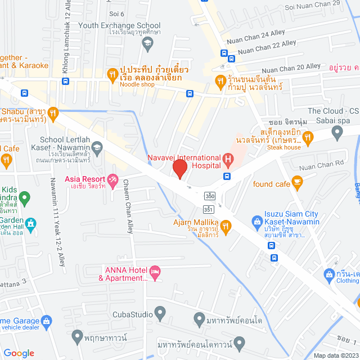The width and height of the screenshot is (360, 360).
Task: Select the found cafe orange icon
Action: click(298, 181)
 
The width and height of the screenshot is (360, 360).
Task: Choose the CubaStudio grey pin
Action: click(160, 312)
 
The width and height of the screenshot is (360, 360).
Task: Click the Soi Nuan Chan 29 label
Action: click(312, 6)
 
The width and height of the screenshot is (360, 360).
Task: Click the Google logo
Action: click(19, 353)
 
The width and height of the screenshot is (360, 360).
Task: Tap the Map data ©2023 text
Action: click(335, 355)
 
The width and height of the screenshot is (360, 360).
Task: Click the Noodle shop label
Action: click(137, 84)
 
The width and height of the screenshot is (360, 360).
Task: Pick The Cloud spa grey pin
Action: click(337, 133)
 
